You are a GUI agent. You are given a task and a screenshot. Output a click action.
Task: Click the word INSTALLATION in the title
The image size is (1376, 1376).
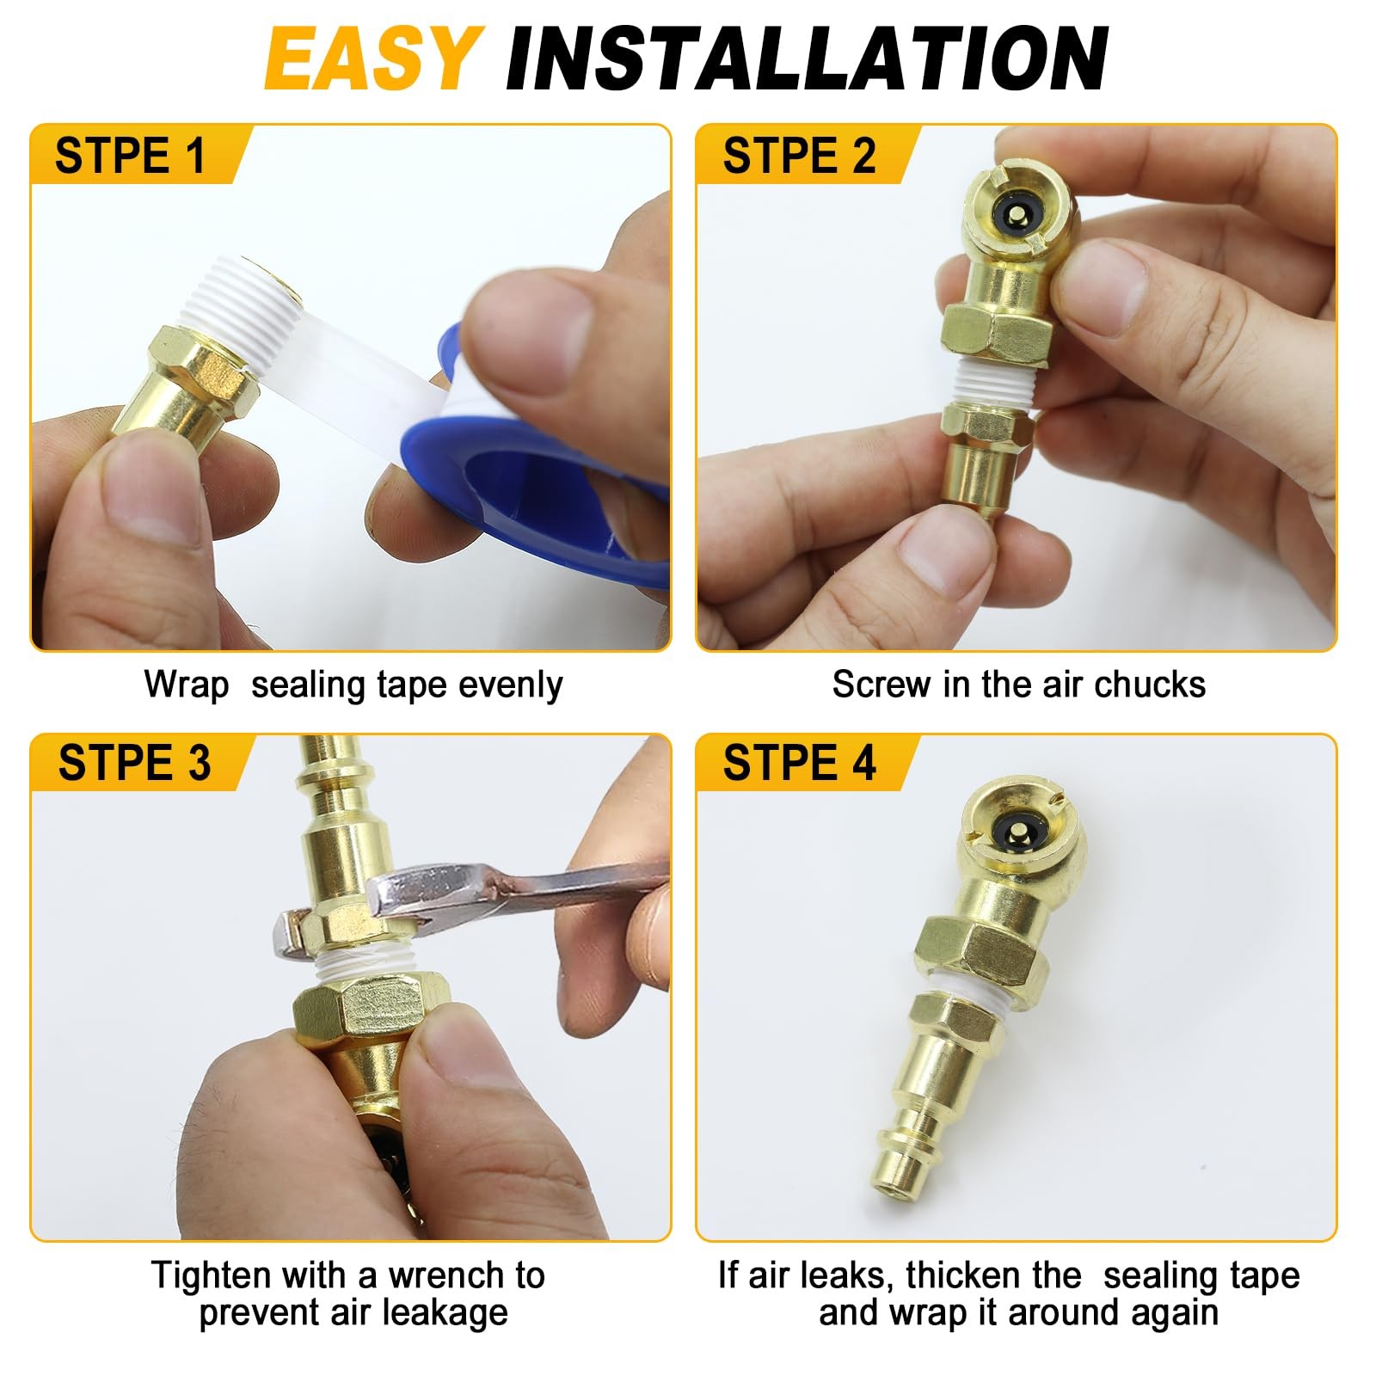tap(807, 58)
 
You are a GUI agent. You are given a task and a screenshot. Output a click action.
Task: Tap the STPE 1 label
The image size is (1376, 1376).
tap(131, 156)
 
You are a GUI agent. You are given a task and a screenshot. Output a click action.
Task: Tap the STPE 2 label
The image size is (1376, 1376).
tap(798, 156)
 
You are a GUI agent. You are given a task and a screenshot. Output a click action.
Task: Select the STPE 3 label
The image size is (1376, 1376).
tap(133, 763)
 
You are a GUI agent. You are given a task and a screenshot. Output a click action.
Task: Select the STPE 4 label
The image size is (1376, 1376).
tap(798, 763)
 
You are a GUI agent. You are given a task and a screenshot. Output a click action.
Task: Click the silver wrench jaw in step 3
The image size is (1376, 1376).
tap(404, 894)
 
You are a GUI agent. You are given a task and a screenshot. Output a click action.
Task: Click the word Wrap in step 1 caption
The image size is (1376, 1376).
tap(186, 685)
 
